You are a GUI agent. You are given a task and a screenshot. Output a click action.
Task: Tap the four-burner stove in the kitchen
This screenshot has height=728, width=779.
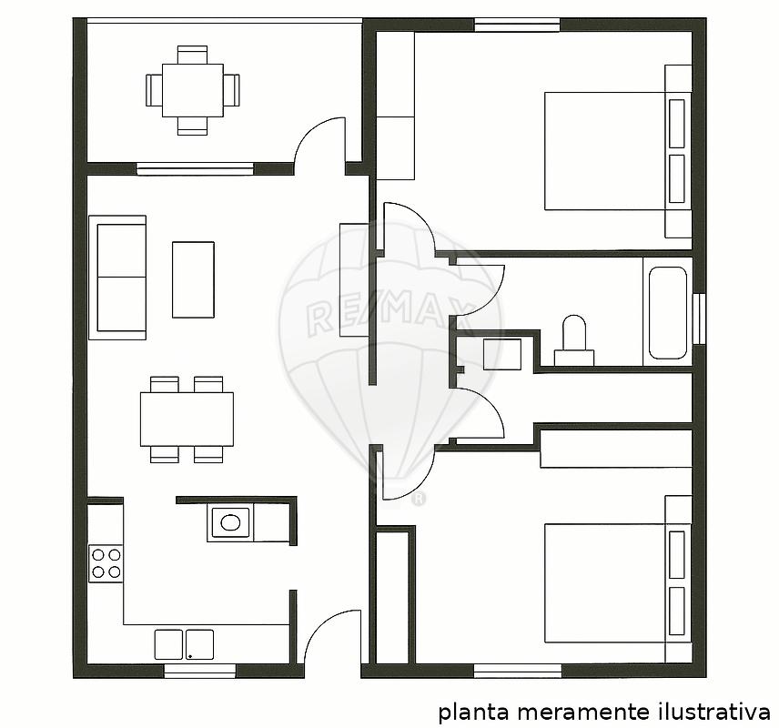(106, 563)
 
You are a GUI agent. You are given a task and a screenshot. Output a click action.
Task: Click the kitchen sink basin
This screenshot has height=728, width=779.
(230, 522)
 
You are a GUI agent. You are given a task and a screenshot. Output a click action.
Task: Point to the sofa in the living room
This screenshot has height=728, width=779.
(117, 278)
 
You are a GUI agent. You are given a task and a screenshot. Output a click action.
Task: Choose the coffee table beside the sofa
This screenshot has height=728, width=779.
(193, 279)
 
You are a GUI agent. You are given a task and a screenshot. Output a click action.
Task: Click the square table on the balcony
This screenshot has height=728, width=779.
(192, 90)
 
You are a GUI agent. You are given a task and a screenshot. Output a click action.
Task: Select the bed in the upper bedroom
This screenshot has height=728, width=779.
(618, 150)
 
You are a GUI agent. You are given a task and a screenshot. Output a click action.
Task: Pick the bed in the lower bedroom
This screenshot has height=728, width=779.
(618, 582)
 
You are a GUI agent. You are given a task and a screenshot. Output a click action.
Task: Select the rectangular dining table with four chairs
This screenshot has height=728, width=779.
(187, 420)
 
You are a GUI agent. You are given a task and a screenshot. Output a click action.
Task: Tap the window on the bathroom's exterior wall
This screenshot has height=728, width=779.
(699, 318)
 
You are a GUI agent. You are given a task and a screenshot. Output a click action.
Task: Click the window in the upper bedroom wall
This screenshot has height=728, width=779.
(517, 25)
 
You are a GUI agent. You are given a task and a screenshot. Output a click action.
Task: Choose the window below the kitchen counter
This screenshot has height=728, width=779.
(199, 671)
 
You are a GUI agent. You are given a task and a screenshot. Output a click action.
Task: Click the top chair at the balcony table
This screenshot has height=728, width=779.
(192, 55)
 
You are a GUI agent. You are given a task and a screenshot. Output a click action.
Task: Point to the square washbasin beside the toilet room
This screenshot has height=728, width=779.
(502, 354)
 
